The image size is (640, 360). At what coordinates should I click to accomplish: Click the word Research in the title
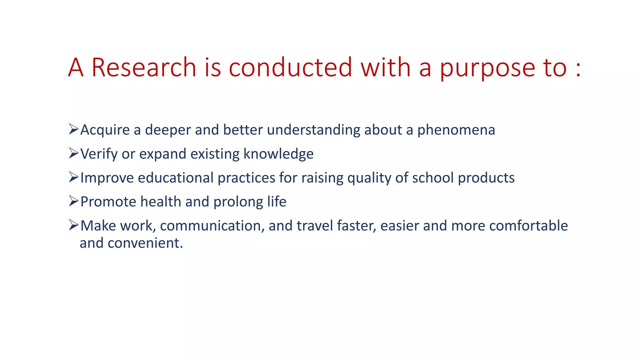click(144, 67)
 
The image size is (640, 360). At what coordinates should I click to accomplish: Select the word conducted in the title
click(291, 67)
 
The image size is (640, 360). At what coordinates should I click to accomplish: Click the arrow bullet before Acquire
click(73, 129)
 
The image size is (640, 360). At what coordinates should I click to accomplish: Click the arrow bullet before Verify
click(73, 153)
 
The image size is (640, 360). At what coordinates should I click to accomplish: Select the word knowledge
click(278, 154)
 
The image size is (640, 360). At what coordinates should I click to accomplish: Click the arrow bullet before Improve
click(73, 177)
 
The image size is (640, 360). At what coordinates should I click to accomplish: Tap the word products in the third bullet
click(486, 178)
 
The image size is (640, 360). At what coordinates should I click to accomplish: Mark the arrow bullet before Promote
click(73, 201)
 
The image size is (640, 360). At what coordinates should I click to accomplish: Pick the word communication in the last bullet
click(212, 226)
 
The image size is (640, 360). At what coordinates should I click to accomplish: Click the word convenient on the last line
click(145, 243)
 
